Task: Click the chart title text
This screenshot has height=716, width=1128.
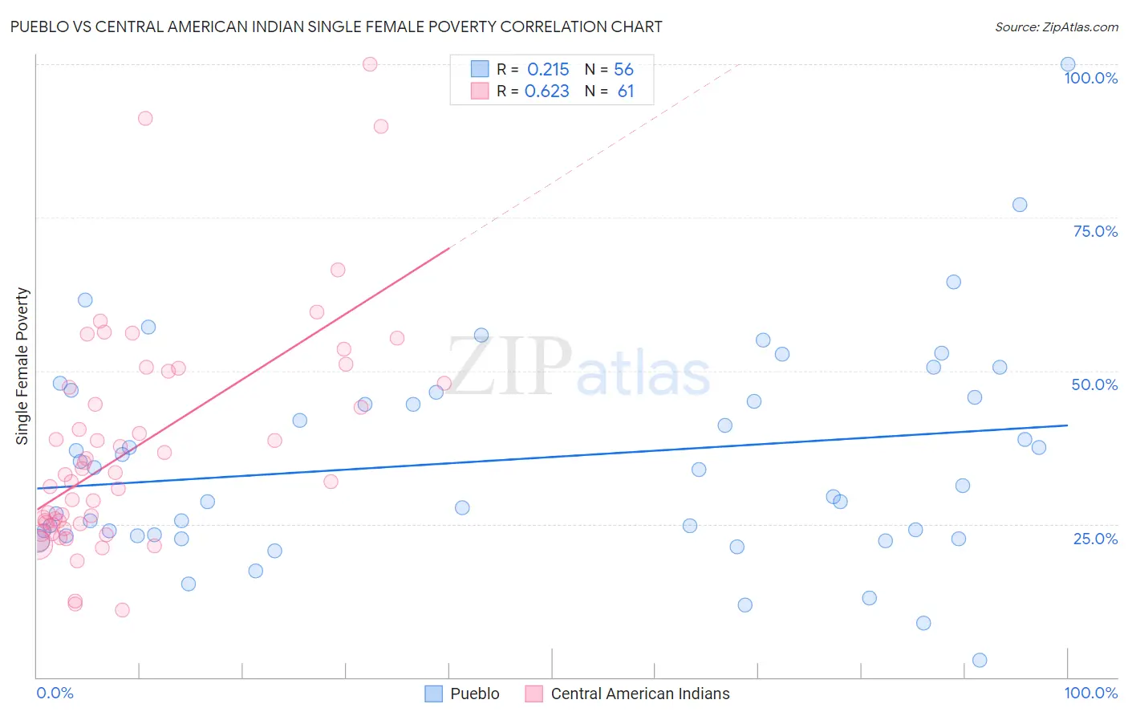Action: coord(336,26)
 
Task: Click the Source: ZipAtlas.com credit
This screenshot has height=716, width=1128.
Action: coord(1056,27)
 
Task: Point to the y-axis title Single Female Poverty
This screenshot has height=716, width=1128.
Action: coord(22,366)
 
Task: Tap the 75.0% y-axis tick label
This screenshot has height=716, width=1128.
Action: coord(1095,231)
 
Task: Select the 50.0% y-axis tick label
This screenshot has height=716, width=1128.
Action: coord(1094,384)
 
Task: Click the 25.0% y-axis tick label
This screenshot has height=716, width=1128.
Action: coord(1095,539)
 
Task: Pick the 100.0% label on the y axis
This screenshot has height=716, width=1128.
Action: coord(1090,78)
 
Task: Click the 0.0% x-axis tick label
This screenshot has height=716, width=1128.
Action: coord(55,694)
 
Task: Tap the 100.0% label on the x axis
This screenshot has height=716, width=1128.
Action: coord(1090,694)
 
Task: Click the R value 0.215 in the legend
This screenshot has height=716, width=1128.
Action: coord(548,70)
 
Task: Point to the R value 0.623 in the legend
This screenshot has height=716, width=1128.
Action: coord(546,92)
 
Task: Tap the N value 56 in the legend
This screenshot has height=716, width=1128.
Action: coord(623,70)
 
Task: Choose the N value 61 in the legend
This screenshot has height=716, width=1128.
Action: coord(626,92)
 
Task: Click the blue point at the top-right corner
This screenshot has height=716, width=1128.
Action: coord(1068,64)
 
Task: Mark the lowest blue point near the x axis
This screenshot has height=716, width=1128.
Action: coord(980,661)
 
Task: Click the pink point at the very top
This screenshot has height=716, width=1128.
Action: coord(370,64)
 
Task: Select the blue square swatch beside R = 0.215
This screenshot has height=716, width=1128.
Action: coord(480,69)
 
